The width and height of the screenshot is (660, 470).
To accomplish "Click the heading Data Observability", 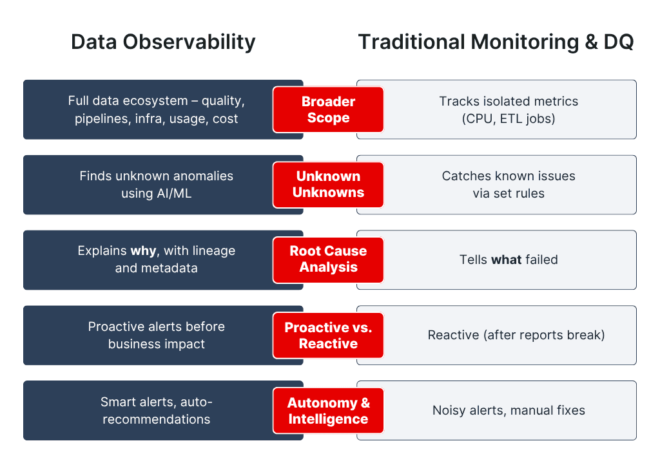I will point(163,42).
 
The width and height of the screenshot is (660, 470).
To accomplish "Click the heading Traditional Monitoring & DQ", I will point(496,42).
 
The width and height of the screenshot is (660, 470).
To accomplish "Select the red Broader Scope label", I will point(328,109).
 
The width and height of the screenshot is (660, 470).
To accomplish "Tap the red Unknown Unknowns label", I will point(328,184).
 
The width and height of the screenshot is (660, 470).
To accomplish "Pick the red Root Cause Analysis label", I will point(328,259).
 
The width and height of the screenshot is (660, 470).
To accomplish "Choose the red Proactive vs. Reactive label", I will point(328,335).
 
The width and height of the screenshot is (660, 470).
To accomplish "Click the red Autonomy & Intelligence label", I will point(328,410).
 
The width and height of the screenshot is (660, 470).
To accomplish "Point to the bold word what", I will point(505,260).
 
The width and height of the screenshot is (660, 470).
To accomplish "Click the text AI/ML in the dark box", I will point(172,193).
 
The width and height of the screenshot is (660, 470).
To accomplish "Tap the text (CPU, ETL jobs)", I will point(509,118).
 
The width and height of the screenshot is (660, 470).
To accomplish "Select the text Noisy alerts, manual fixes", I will point(509,410).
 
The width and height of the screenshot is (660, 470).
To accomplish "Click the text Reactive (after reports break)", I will point(516,335).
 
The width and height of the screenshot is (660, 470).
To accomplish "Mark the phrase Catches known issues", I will point(509,176).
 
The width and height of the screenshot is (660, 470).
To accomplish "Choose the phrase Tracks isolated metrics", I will point(509,101).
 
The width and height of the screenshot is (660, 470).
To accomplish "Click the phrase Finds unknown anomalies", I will point(156,176).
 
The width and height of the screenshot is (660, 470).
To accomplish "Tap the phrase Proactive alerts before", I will point(156,326).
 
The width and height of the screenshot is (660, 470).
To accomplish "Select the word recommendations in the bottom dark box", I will point(156,419).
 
